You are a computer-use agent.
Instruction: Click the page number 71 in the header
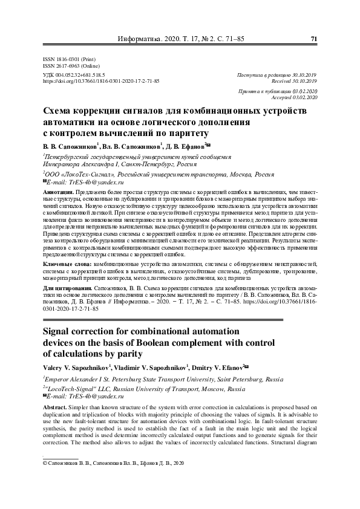coord(314,39)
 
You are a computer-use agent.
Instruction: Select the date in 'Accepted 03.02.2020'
coord(305,97)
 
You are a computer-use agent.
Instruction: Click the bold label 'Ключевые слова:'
coord(68,264)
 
